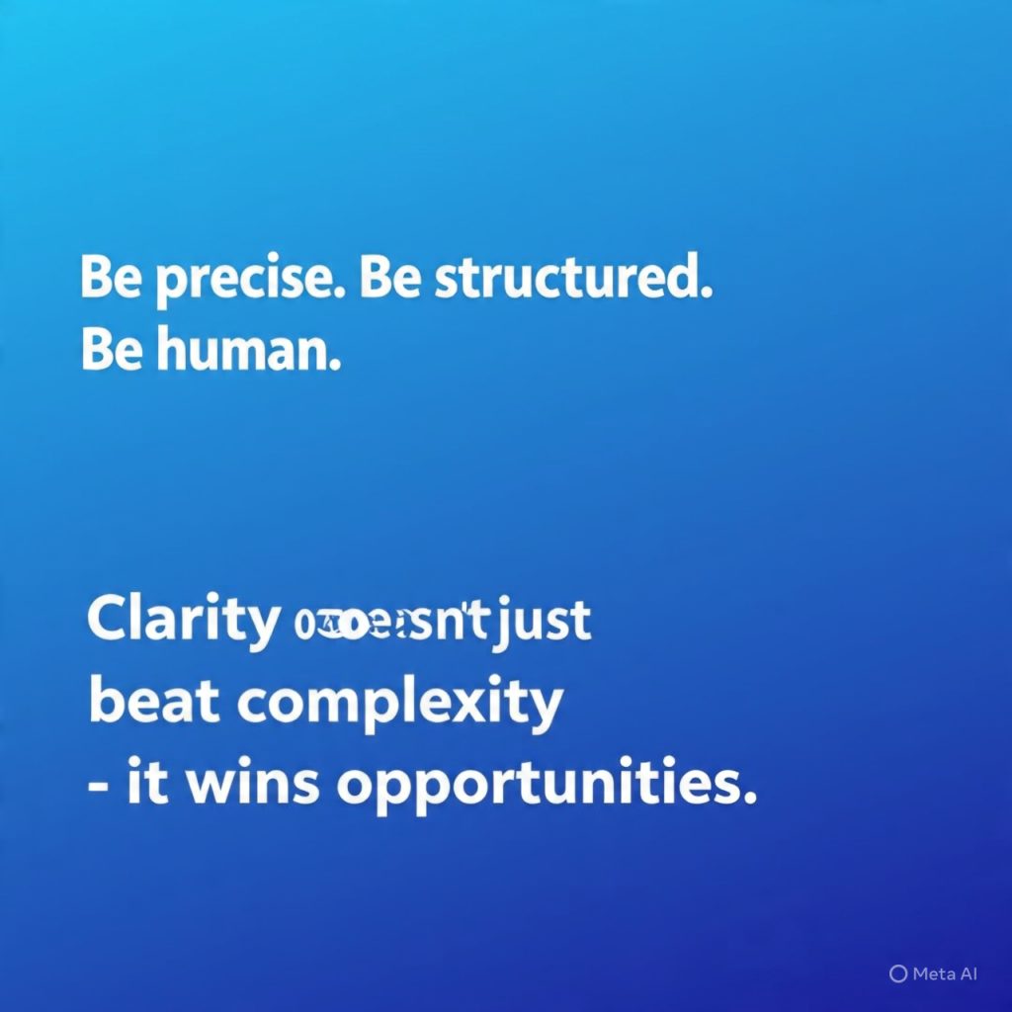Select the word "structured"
(571, 281)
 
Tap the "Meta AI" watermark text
(945, 973)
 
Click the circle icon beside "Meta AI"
(897, 973)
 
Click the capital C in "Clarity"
(107, 622)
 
